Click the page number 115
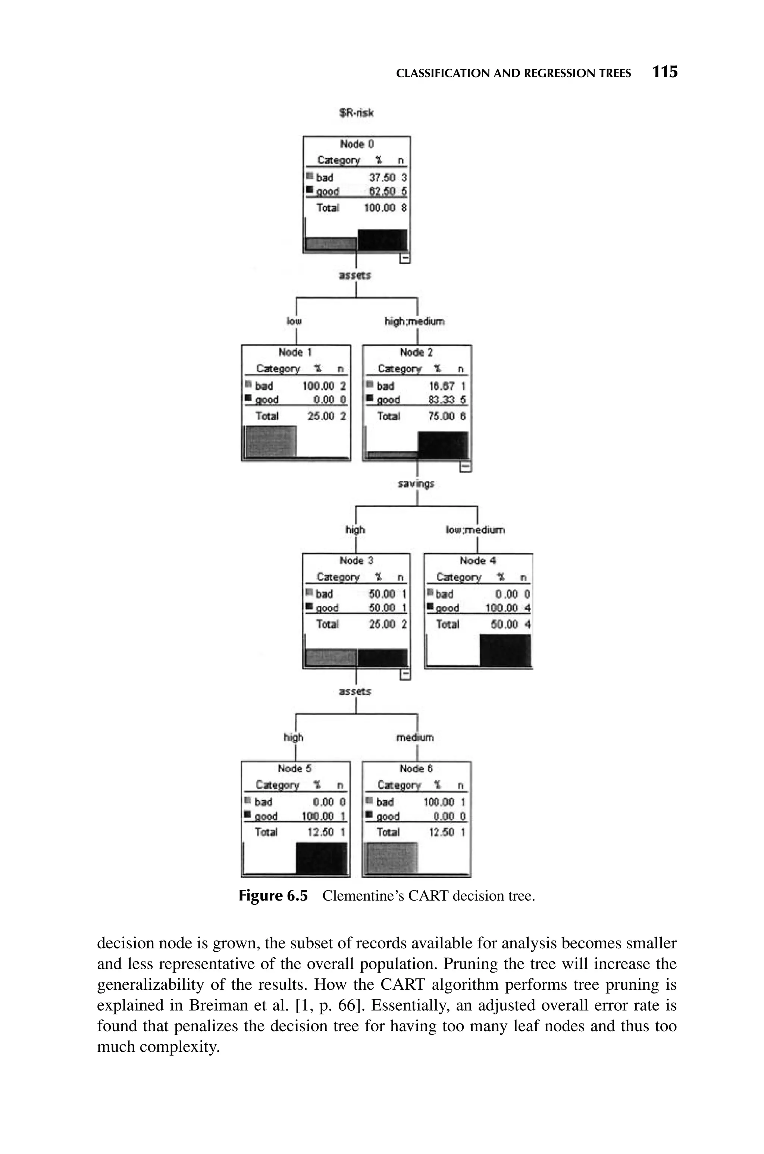[665, 72]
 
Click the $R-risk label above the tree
[356, 113]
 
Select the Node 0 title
[357, 144]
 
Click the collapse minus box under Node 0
[405, 258]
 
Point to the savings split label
[416, 484]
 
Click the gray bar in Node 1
[270, 442]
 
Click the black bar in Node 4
[505, 650]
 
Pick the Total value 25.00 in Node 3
[382, 624]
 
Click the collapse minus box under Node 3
[405, 674]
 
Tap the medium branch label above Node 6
[415, 737]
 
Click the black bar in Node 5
[321, 858]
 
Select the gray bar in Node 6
[391, 858]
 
